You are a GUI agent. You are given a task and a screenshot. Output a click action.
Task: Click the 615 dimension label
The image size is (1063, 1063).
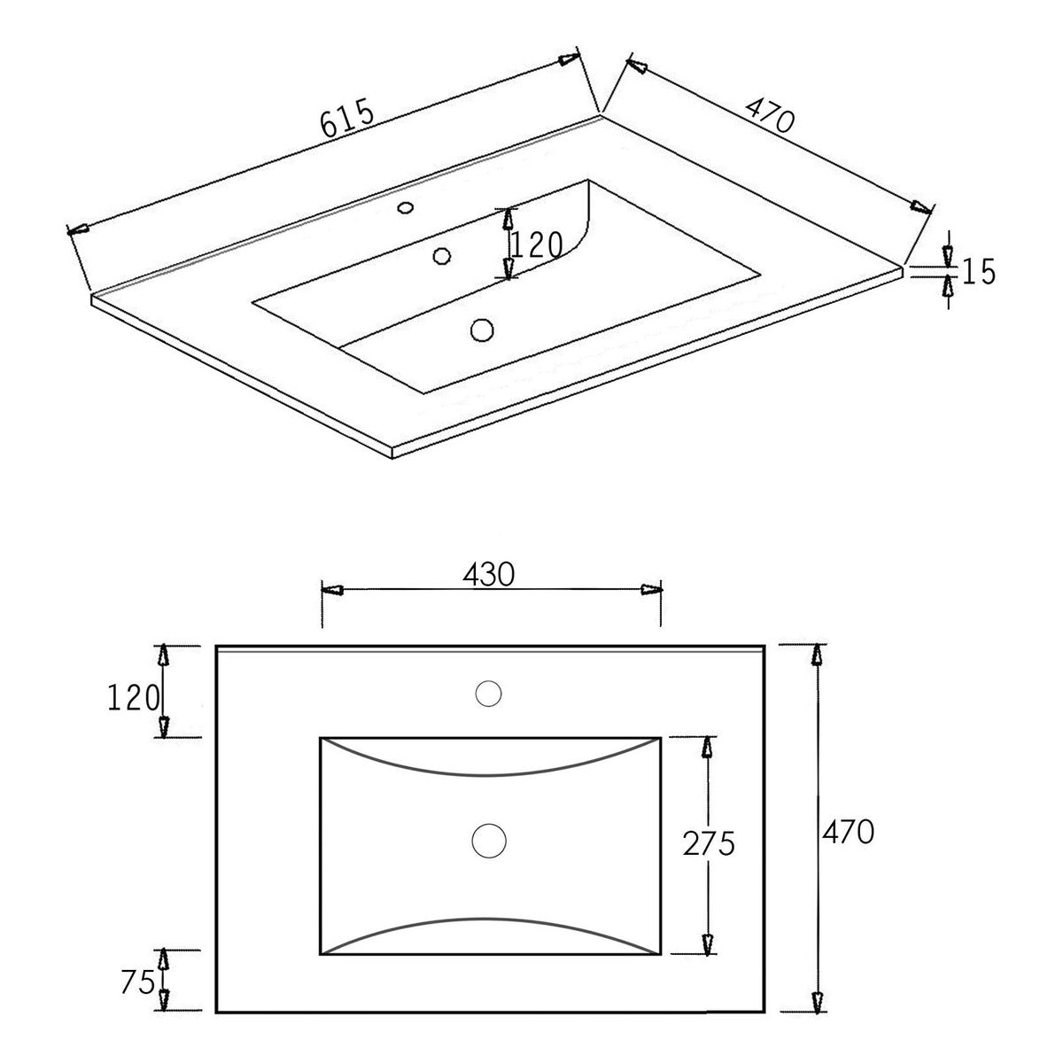tap(347, 118)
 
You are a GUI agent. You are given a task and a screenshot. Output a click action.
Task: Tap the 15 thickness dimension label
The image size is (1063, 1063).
tap(979, 271)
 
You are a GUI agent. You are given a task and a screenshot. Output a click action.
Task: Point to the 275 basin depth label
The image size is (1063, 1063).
tap(709, 843)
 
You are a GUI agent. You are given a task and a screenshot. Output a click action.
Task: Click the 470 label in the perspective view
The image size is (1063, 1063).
tap(770, 115)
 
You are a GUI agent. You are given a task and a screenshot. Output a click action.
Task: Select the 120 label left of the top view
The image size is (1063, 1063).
tap(133, 698)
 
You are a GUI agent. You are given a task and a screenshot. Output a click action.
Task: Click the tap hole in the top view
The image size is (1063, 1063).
tap(488, 694)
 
